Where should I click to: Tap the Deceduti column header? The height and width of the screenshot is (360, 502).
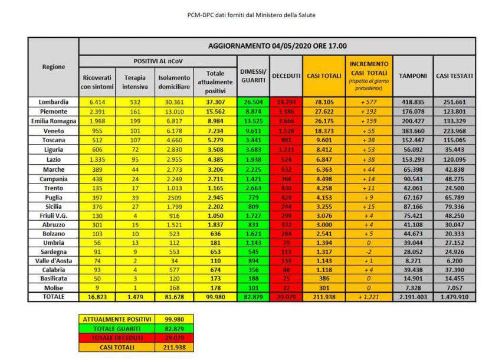(x=286, y=76)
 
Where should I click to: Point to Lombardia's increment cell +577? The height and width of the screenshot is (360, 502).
(x=369, y=102)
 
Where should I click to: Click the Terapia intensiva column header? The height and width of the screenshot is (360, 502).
(x=135, y=82)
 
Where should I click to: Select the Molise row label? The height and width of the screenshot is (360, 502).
(x=54, y=287)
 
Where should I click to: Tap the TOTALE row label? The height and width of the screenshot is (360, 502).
(x=54, y=297)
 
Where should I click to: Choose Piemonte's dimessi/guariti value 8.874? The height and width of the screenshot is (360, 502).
(x=253, y=112)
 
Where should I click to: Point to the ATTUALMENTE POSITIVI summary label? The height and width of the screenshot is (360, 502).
(x=117, y=319)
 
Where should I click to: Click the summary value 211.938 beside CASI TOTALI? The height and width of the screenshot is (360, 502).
(x=173, y=348)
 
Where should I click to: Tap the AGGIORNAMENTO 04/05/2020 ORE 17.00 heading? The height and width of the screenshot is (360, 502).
(x=277, y=46)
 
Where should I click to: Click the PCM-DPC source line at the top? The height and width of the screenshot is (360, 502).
(x=251, y=15)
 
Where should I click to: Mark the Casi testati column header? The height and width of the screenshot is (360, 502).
(x=454, y=76)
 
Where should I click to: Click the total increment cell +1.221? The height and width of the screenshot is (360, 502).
(x=369, y=297)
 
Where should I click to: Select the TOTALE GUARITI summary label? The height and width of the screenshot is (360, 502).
(x=117, y=329)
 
